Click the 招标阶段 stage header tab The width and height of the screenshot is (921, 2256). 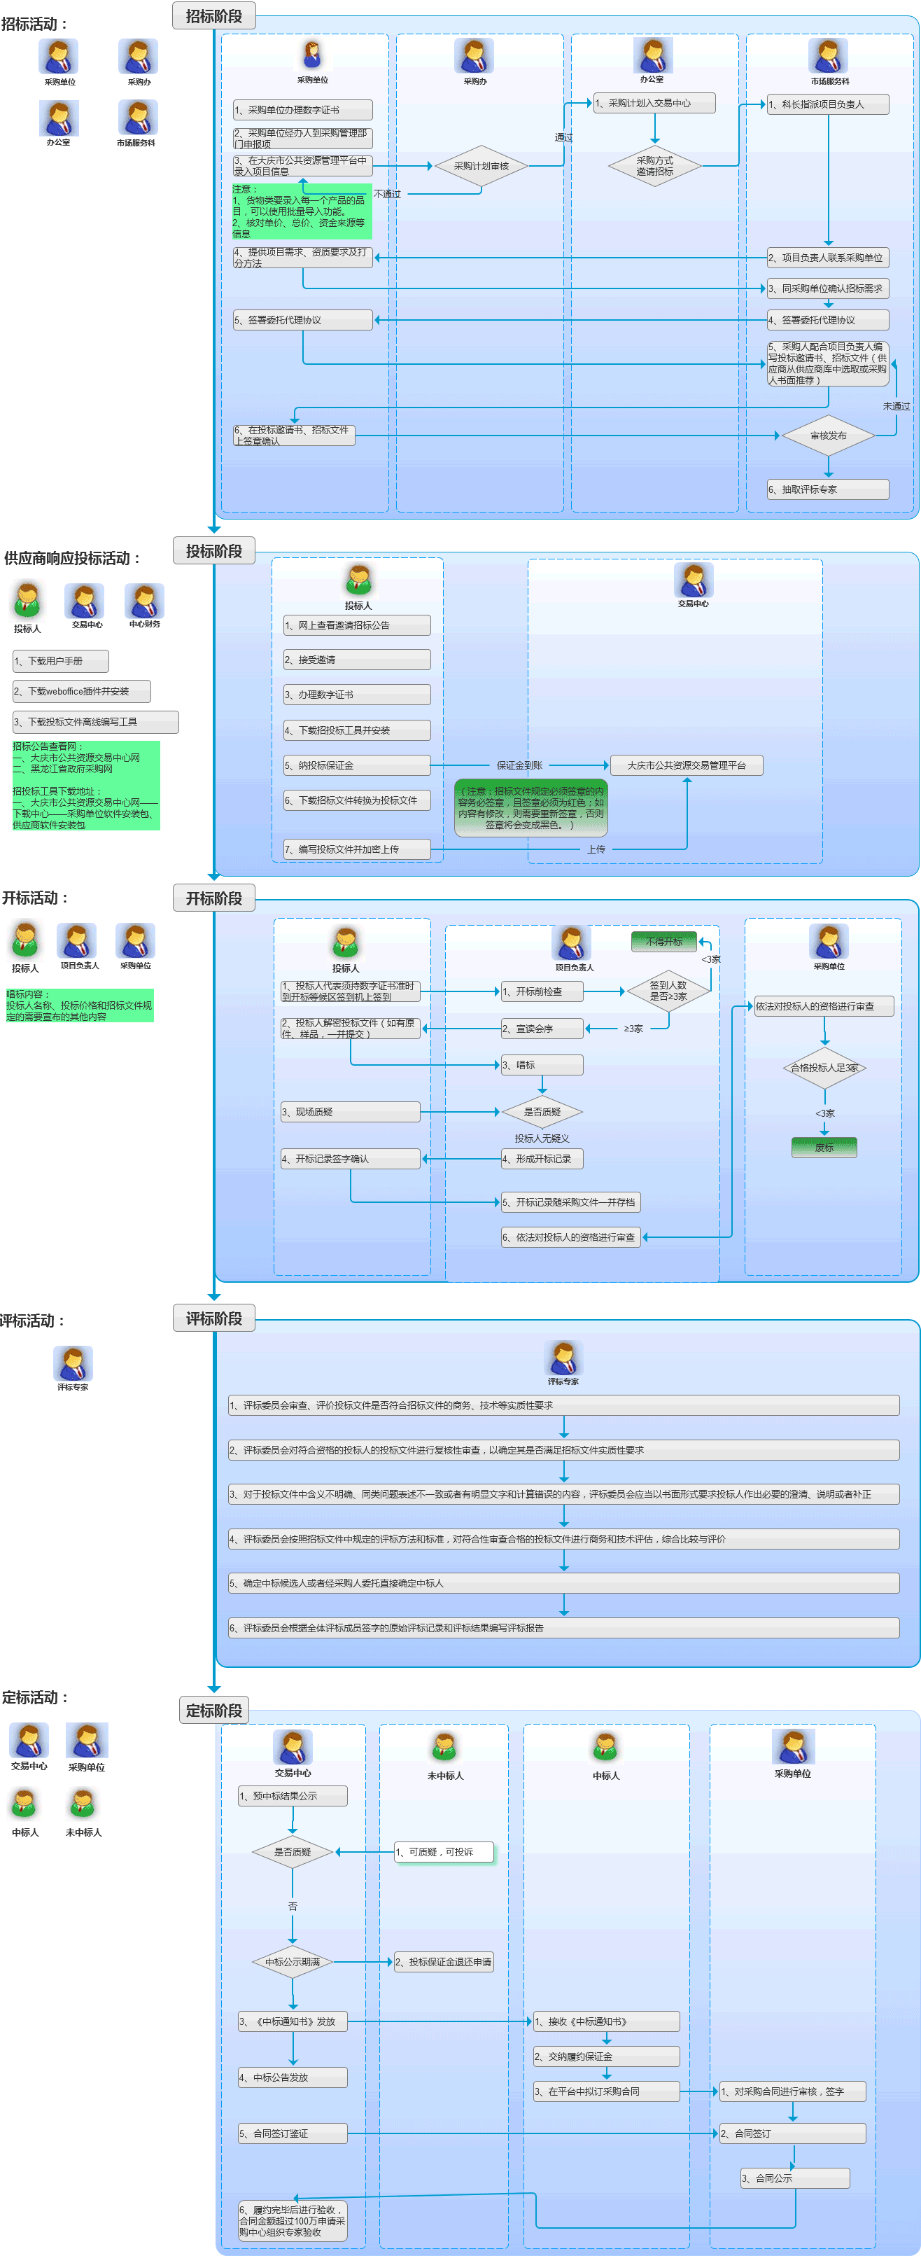coord(213,16)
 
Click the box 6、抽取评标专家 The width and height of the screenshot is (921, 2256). coord(827,489)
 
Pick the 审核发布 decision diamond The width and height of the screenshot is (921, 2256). coord(827,436)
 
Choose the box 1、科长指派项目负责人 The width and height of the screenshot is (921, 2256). coord(827,104)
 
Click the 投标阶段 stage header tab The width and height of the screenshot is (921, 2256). coord(213,551)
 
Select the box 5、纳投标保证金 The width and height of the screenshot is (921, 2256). coord(356,765)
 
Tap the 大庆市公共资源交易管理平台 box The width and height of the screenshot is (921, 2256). coord(687,765)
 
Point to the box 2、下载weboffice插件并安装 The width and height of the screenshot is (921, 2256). coord(81,691)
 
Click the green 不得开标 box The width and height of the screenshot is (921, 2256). coord(663,942)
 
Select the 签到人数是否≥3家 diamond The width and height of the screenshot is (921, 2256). coord(668,991)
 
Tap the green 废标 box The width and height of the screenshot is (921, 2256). coord(824,1148)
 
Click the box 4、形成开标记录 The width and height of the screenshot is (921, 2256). coord(542,1159)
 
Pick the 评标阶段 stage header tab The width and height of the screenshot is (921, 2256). coord(213,1319)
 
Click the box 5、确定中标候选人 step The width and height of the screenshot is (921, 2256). coord(563,1583)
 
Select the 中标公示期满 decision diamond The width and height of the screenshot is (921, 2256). coord(293,1962)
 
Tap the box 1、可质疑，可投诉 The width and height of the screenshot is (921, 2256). coord(444,1852)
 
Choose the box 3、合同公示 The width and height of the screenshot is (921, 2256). coord(794,2178)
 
